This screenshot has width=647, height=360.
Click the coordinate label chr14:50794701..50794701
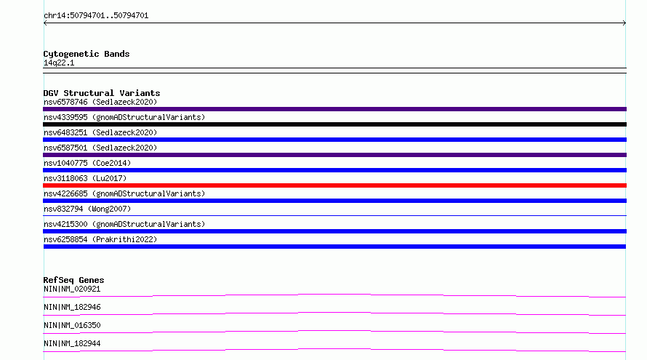pyautogui.click(x=96, y=16)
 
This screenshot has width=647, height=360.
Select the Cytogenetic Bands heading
pyautogui.click(x=87, y=54)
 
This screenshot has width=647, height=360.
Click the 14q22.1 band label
pyautogui.click(x=59, y=63)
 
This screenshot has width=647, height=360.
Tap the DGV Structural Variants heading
pyautogui.click(x=102, y=93)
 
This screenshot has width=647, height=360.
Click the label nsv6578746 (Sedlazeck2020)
pyautogui.click(x=100, y=102)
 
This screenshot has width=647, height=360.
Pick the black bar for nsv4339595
pyautogui.click(x=334, y=124)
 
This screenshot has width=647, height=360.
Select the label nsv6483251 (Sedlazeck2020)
pyautogui.click(x=100, y=132)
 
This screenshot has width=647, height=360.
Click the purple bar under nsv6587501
pyautogui.click(x=334, y=155)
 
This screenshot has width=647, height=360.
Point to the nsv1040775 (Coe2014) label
pyautogui.click(x=87, y=163)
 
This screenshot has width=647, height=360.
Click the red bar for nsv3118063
pyautogui.click(x=334, y=185)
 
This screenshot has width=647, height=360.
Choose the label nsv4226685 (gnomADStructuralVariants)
pyautogui.click(x=124, y=193)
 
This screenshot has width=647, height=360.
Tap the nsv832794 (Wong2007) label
pyautogui.click(x=87, y=209)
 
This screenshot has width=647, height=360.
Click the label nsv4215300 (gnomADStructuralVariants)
pyautogui.click(x=124, y=224)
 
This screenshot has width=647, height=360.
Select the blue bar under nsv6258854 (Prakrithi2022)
pyautogui.click(x=334, y=247)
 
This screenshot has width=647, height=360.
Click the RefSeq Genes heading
pyautogui.click(x=73, y=280)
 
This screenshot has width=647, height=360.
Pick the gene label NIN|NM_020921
pyautogui.click(x=72, y=289)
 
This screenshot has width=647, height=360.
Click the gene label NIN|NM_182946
pyautogui.click(x=72, y=307)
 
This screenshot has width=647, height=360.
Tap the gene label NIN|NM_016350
pyautogui.click(x=72, y=325)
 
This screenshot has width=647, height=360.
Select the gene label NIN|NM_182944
pyautogui.click(x=72, y=343)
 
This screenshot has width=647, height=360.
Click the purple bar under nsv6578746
pyautogui.click(x=334, y=109)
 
